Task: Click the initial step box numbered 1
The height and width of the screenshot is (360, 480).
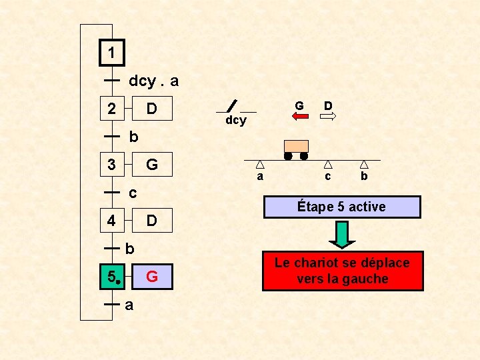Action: (x=112, y=52)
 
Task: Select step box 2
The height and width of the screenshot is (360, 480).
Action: (x=112, y=108)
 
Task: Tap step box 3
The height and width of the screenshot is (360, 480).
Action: (x=112, y=164)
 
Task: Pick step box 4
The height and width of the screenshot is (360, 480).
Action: (x=112, y=220)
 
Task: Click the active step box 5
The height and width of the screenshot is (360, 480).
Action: (x=112, y=276)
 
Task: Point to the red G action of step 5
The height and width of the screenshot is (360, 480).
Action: (x=152, y=276)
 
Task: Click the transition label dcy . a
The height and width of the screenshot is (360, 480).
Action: (x=153, y=81)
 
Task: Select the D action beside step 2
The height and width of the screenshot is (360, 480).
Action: (x=152, y=108)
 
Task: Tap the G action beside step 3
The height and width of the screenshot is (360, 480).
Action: (x=152, y=164)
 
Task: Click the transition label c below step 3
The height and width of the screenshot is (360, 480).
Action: (x=133, y=193)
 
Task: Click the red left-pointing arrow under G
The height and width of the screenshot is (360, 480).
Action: (x=300, y=116)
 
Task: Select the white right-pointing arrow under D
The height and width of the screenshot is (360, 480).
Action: (x=328, y=116)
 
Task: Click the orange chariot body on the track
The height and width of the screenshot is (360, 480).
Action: (x=296, y=146)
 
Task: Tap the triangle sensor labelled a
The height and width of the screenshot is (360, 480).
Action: (x=260, y=164)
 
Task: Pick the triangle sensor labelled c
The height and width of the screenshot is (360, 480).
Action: (x=328, y=164)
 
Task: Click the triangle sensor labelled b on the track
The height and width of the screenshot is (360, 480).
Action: (x=364, y=164)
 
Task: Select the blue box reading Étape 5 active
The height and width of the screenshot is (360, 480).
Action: (x=342, y=207)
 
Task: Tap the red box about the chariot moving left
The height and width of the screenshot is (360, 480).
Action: (x=342, y=271)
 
